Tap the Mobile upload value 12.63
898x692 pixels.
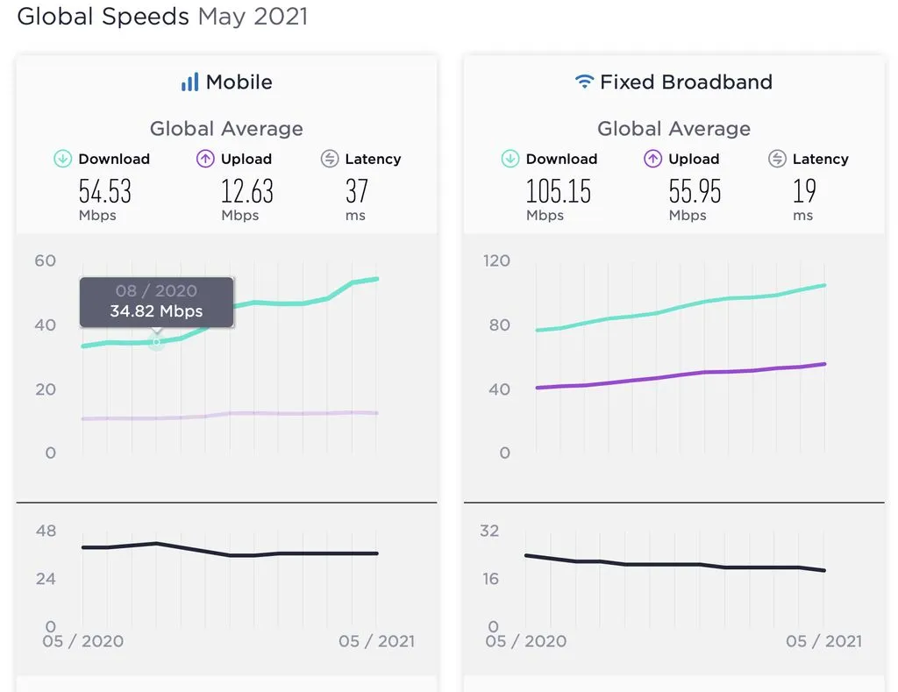coord(246,190)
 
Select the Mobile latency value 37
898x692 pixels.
coord(356,190)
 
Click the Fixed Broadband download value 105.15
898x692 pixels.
coord(559,190)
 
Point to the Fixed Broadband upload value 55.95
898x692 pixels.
coord(695,190)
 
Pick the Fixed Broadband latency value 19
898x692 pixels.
coord(804,190)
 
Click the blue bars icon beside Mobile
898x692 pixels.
coord(189,82)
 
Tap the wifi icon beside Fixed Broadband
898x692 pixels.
coord(584,82)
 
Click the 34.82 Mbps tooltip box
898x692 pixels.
coord(156,301)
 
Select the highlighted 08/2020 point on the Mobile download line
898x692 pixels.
coord(156,341)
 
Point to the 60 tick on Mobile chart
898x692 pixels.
coord(46,260)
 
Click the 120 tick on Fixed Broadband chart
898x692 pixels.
coord(496,260)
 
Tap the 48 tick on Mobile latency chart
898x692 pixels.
coord(46,531)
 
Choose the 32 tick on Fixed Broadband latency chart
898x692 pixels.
coord(489,531)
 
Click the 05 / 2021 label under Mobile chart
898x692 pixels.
coord(376,641)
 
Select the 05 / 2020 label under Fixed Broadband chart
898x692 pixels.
coord(525,641)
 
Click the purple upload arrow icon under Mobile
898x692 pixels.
coord(206,159)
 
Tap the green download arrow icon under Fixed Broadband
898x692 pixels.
coord(510,159)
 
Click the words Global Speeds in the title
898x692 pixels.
coord(103,16)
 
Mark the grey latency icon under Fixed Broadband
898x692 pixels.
coord(777,159)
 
